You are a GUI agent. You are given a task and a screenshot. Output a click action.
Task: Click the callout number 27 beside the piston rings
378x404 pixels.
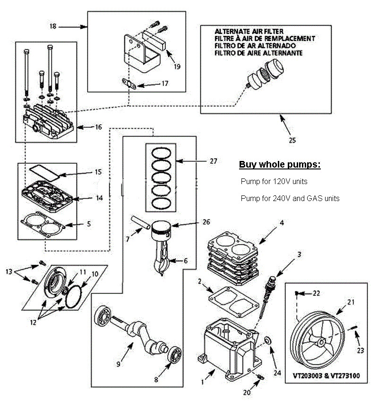[x=214, y=161]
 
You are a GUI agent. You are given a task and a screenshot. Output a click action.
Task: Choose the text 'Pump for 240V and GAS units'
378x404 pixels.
[x=290, y=199]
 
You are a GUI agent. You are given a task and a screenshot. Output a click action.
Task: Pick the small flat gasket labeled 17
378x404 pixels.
[x=129, y=85]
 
